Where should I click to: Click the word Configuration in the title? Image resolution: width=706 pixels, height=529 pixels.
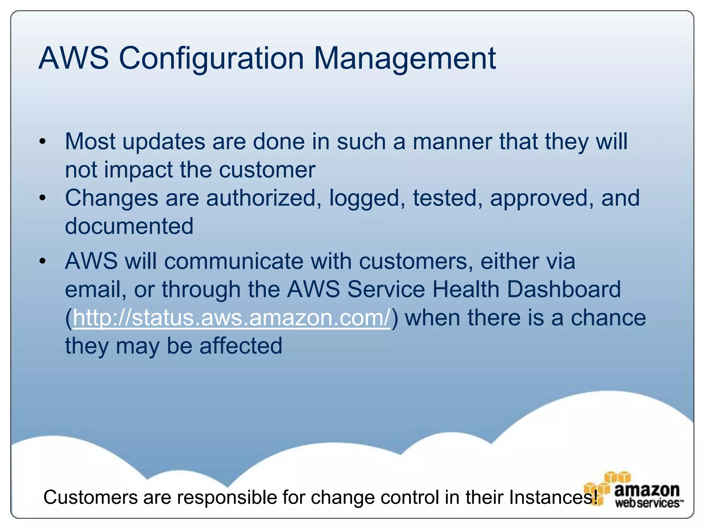[x=211, y=59]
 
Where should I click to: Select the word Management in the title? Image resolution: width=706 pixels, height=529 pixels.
[x=405, y=59]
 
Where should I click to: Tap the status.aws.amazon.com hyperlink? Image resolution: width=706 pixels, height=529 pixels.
[x=231, y=318]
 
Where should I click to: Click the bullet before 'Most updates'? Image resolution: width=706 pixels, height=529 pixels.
[x=42, y=142]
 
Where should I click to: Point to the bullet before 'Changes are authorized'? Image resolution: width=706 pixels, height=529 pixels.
[x=42, y=198]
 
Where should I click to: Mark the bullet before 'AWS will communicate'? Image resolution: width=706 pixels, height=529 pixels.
[x=42, y=261]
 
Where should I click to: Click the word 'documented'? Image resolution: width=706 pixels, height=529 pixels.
[x=129, y=226]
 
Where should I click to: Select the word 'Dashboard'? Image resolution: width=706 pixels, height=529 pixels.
[x=564, y=289]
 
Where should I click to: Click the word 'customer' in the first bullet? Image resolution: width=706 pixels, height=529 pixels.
[x=267, y=170]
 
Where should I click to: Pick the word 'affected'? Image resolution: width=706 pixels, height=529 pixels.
[x=241, y=346]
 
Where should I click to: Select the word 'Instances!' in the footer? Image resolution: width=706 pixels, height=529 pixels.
[x=553, y=497]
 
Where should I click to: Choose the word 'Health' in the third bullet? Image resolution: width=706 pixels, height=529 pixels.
[x=465, y=289]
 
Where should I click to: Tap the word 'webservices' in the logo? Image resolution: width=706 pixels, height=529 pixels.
[x=647, y=503]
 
